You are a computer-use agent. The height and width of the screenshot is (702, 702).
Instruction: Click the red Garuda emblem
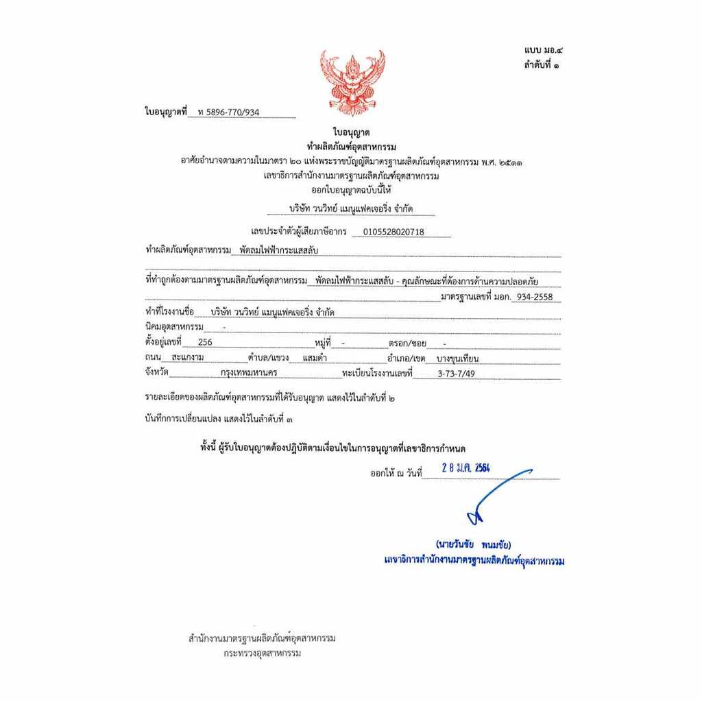coord(352,82)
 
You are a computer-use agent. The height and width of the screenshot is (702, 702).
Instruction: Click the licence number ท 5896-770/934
coord(228,112)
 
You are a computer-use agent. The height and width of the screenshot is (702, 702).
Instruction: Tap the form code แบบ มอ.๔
coord(543,50)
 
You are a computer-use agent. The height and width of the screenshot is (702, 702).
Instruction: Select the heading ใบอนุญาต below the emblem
coord(351,132)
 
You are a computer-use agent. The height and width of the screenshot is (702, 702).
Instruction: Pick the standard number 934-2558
coord(535,298)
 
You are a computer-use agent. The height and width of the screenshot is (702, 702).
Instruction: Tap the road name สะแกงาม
coord(188,358)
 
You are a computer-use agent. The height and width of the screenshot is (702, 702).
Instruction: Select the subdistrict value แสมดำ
coord(314,358)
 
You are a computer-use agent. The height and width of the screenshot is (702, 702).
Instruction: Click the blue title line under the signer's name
coord(474,561)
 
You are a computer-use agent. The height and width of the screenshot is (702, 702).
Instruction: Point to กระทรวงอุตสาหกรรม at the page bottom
coord(262,653)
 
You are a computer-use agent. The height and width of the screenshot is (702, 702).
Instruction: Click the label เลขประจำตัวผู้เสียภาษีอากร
coord(299,232)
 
